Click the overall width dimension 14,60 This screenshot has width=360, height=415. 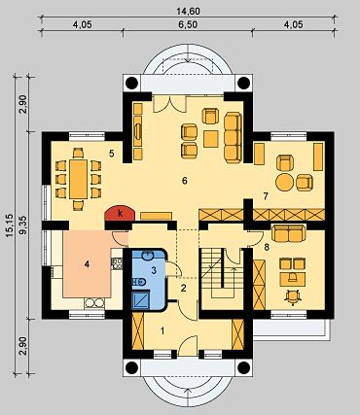click(x=188, y=11)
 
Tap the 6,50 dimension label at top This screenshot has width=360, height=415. click(x=188, y=25)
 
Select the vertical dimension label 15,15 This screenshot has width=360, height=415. click(x=9, y=225)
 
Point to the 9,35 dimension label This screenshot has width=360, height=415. click(x=24, y=225)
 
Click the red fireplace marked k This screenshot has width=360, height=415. click(x=120, y=214)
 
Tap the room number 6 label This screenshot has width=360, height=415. click(x=185, y=181)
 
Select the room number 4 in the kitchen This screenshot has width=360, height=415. click(x=87, y=264)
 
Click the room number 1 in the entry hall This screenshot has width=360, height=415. click(x=162, y=330)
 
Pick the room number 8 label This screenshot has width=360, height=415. click(x=267, y=247)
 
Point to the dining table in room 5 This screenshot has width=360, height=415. click(x=79, y=179)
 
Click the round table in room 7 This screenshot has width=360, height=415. click(x=284, y=183)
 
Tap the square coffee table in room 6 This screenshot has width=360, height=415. click(x=211, y=139)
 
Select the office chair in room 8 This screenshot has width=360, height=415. click(x=293, y=296)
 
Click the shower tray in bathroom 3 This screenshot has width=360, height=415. click(x=141, y=299)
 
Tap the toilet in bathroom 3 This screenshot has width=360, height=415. click(x=139, y=282)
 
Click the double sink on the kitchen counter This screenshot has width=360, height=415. click(x=94, y=303)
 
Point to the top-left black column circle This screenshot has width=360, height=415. click(x=132, y=83)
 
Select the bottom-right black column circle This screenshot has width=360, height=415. click(x=243, y=367)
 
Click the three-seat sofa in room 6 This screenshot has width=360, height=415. click(x=233, y=138)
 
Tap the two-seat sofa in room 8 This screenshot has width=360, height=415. click(x=288, y=233)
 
